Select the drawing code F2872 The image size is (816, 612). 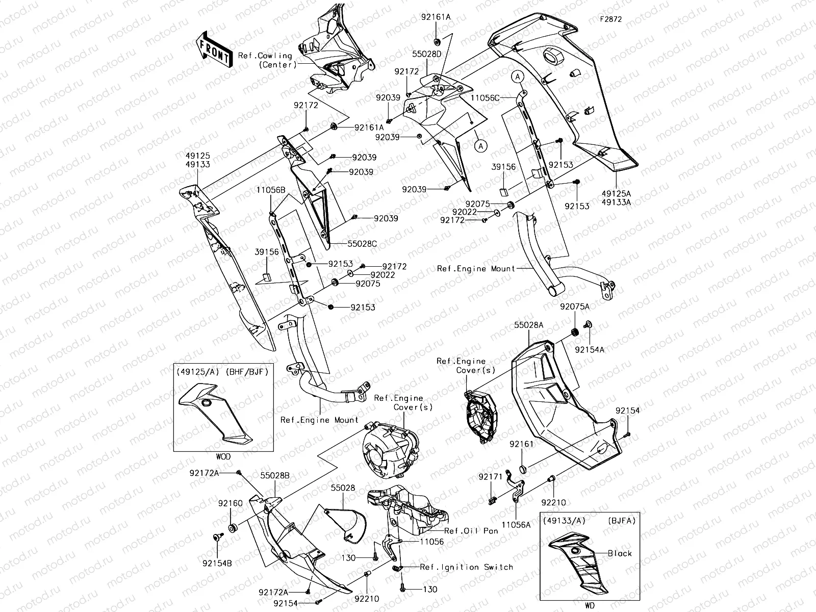(610, 19)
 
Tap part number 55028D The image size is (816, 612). (427, 53)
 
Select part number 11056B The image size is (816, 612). (270, 190)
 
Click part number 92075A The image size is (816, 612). (575, 307)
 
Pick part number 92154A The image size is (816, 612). (590, 350)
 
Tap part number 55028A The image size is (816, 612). (528, 324)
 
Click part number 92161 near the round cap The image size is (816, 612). (521, 444)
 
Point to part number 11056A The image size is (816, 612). (515, 524)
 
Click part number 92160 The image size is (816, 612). (231, 503)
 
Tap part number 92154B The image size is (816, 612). (217, 564)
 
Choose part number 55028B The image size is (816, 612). (275, 475)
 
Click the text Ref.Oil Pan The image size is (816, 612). (471, 531)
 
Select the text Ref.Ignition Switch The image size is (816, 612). (466, 567)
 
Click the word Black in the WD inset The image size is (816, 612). (619, 553)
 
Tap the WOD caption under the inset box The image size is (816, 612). (223, 456)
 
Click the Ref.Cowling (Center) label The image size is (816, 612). (265, 60)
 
